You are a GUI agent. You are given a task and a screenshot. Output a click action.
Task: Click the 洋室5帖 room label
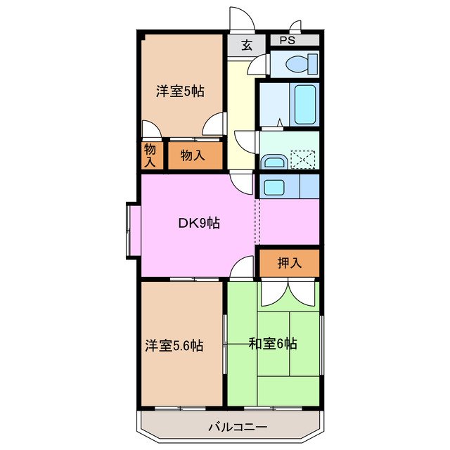tap(180, 91)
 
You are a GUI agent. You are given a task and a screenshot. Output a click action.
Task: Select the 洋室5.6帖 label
tap(174, 345)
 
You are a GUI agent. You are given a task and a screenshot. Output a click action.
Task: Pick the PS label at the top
tap(288, 41)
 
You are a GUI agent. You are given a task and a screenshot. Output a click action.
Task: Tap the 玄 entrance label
tap(247, 46)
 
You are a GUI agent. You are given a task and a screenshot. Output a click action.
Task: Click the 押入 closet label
tap(289, 263)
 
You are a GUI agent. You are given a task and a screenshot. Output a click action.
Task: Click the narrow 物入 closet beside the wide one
tap(150, 155)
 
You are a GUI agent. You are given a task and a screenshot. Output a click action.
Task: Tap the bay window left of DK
tap(132, 231)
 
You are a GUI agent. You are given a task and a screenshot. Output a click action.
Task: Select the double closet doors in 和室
tap(289, 293)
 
